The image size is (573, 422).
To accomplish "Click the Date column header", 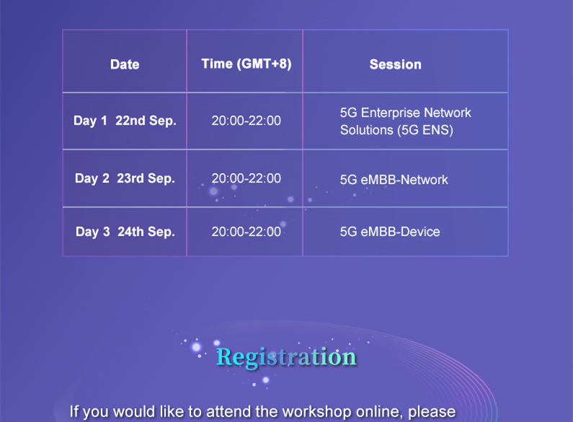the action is (x=125, y=64).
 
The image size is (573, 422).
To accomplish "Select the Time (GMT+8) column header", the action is (x=246, y=64).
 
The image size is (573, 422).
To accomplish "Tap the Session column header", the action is (x=396, y=64).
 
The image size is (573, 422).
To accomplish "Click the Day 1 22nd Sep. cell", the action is (x=125, y=120).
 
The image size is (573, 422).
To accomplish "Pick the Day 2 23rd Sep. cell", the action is (x=125, y=178).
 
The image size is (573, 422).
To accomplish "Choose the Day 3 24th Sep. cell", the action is (x=125, y=232).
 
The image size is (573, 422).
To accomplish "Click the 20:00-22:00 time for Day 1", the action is (x=246, y=120).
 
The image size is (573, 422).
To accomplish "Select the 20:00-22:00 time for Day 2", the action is (x=246, y=178).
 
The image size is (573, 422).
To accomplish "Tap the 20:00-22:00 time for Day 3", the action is (x=246, y=232).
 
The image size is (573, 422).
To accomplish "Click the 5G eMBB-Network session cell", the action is (x=394, y=180).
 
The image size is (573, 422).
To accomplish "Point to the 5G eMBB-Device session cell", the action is (x=390, y=232).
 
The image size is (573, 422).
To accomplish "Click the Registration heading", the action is (x=286, y=357).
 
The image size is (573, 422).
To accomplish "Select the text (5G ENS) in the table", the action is (x=425, y=130).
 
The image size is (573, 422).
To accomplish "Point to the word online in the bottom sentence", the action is (x=379, y=412).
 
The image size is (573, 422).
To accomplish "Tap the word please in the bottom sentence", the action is (x=432, y=413).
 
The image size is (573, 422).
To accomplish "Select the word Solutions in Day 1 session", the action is (x=367, y=130).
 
